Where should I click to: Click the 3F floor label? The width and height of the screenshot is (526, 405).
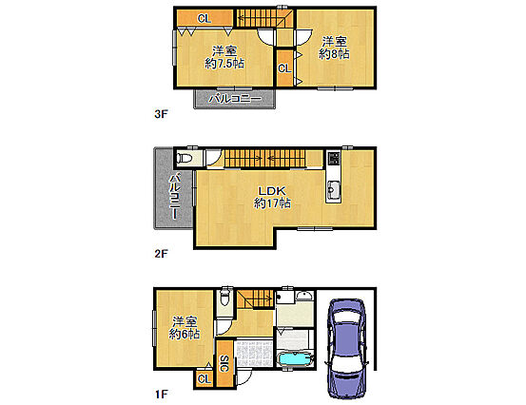click(161, 114)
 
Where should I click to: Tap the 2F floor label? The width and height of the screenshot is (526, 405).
click(161, 254)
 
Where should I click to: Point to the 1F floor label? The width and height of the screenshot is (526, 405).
click(161, 395)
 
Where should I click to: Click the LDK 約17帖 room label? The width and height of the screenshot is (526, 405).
click(272, 197)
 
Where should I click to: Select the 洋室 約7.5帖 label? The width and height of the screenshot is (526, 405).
click(224, 58)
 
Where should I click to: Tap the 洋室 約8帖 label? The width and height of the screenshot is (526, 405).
click(334, 48)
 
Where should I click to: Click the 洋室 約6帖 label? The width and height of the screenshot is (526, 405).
click(185, 328)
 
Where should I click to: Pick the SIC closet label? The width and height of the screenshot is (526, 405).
click(224, 363)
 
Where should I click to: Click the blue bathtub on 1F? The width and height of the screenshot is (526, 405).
click(295, 359)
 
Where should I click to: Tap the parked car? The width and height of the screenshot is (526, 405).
click(347, 348)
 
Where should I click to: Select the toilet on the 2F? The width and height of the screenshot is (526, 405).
click(185, 157)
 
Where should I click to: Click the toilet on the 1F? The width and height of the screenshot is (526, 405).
click(224, 298)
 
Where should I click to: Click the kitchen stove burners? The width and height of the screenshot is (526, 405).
click(334, 158)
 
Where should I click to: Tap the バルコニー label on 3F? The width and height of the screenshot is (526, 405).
click(235, 99)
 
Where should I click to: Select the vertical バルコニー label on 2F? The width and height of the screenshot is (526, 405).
click(174, 197)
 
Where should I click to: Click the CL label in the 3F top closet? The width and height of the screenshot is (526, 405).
click(205, 18)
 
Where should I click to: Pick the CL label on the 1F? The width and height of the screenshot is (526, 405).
click(205, 379)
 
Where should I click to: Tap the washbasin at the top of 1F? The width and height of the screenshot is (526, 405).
click(304, 296)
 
